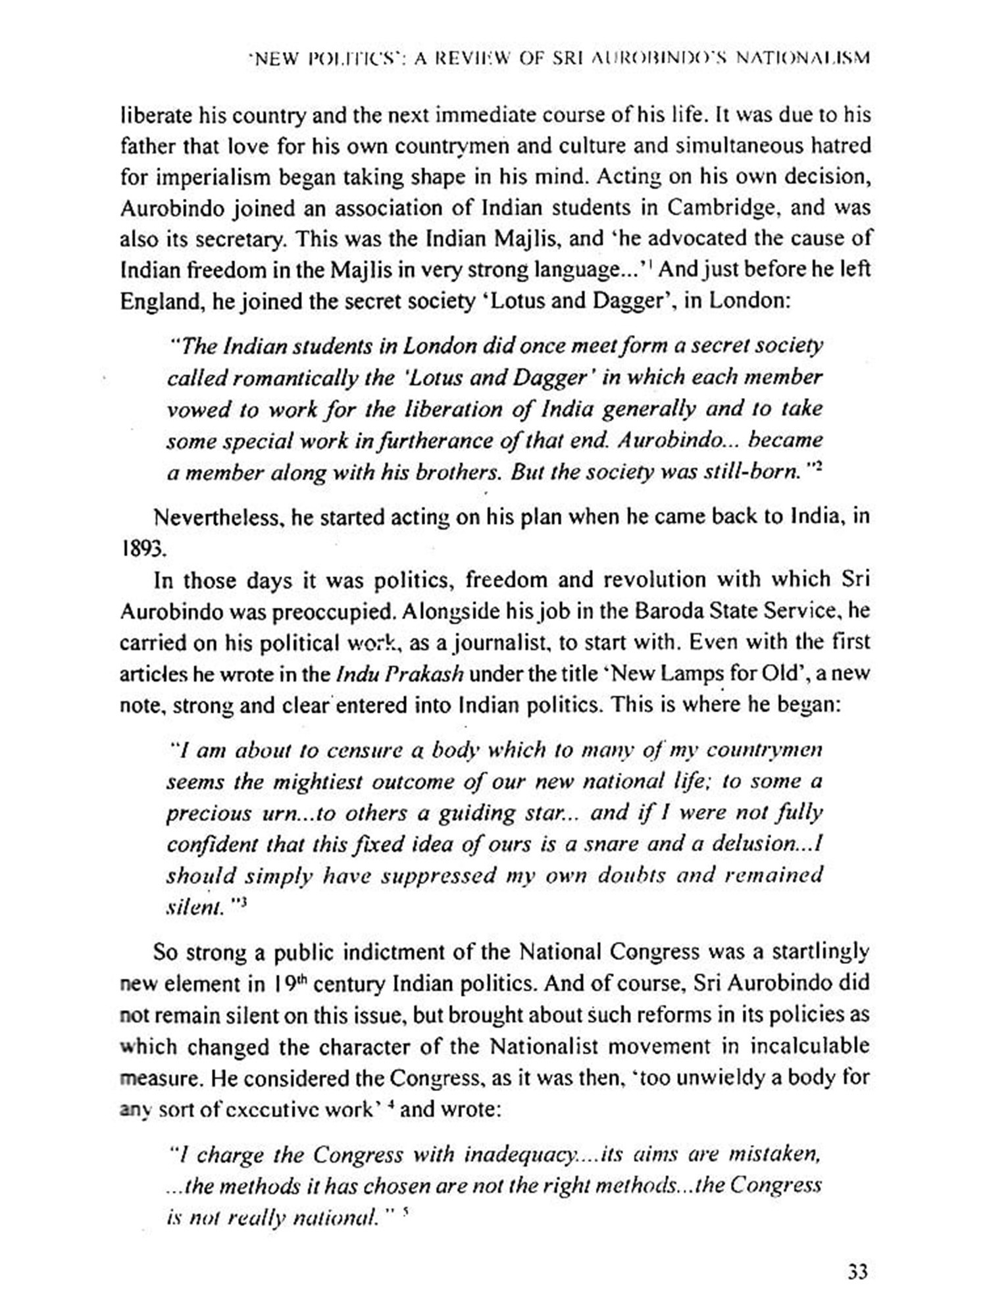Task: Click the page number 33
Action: [x=857, y=1271]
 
